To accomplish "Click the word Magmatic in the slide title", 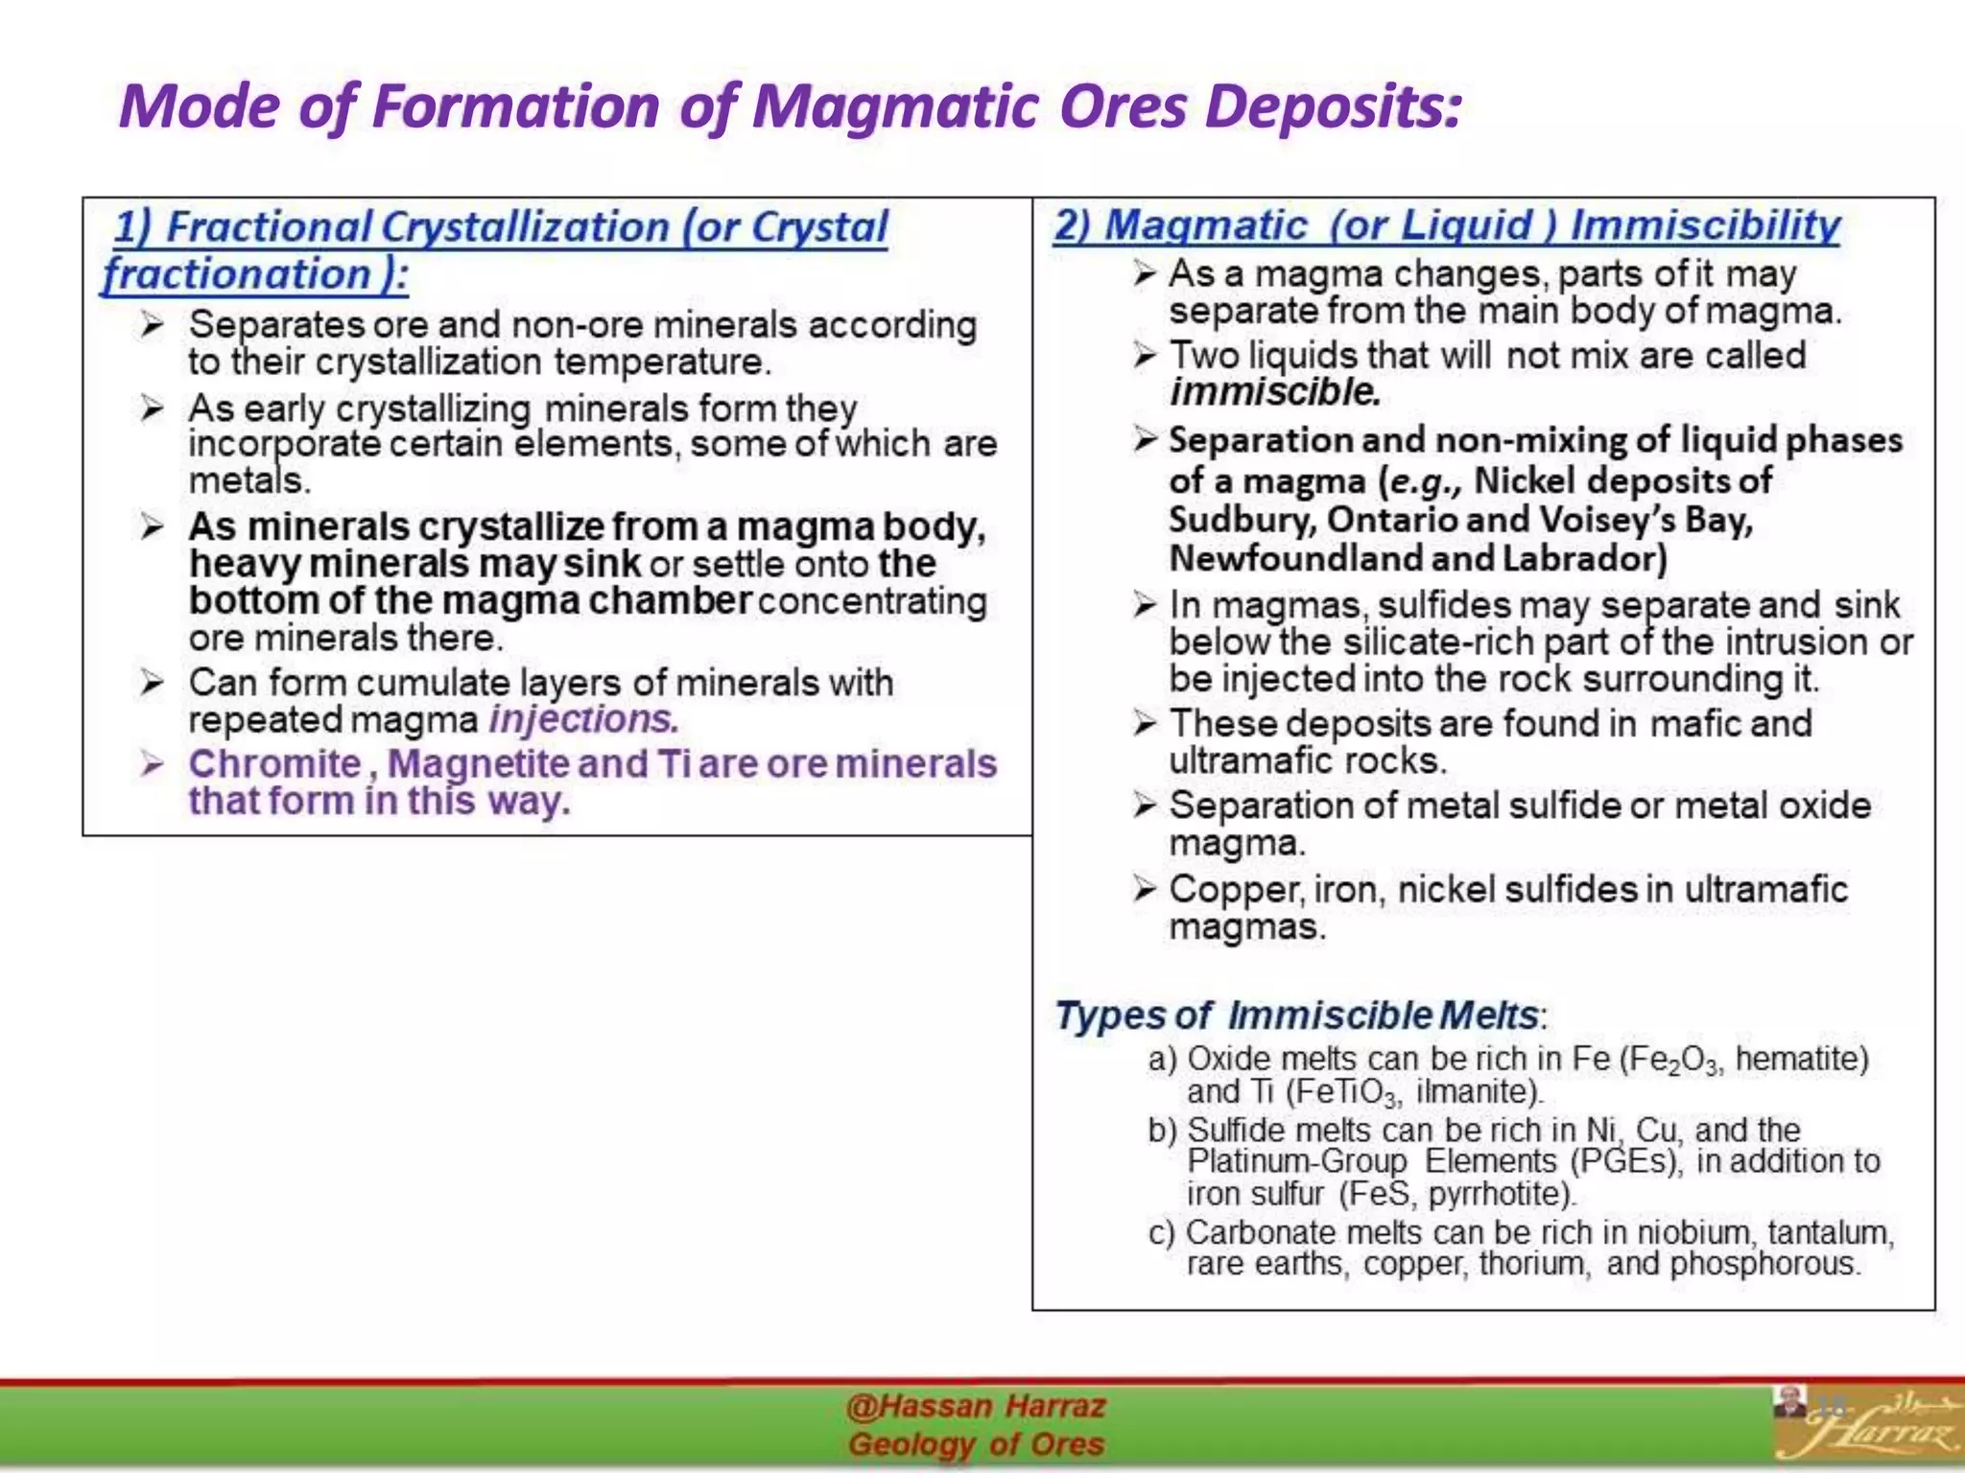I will (895, 106).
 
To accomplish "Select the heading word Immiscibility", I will (1705, 226).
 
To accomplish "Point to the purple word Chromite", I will (274, 764).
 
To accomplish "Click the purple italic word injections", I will (583, 719).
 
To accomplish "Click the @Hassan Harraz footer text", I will (976, 1407).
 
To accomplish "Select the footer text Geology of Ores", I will (976, 1444).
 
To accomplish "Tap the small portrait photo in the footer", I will (1789, 1402).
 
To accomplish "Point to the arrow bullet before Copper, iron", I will (1144, 889).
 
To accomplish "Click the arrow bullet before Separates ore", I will (152, 324).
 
